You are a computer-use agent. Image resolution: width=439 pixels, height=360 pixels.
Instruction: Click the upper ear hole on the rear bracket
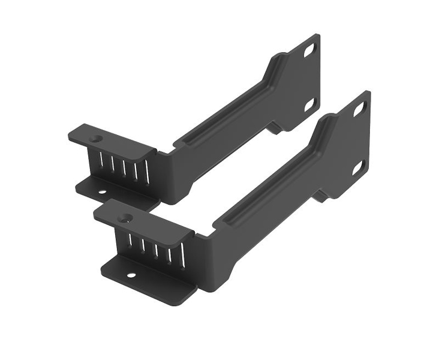pos(310,51)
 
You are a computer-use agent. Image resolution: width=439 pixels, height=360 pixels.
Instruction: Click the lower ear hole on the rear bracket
pos(310,105)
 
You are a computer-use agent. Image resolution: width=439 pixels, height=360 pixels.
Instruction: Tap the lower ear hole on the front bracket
pos(358,167)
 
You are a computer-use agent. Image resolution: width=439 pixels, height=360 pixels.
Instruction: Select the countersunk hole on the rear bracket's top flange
pos(94,139)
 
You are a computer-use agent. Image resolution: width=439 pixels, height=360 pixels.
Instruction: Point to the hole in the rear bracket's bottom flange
pos(102,192)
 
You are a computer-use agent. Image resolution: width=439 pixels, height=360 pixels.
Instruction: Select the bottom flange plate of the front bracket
pos(150,282)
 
